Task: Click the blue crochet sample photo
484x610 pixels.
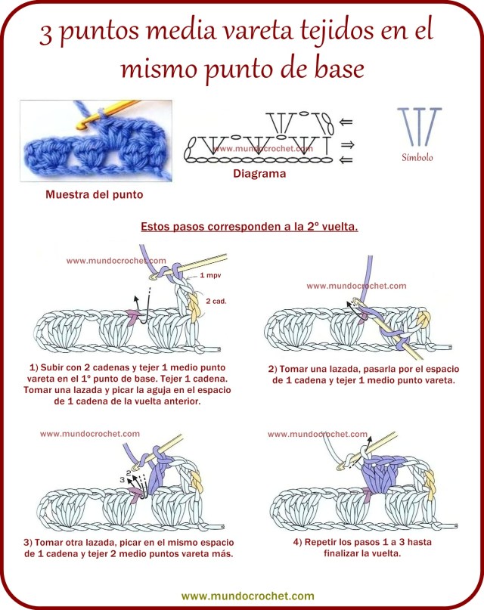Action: [x=95, y=140]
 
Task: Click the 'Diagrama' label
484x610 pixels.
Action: [x=259, y=173]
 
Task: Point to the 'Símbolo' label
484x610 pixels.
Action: [x=417, y=158]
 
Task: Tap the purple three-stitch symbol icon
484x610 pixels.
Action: [x=419, y=125]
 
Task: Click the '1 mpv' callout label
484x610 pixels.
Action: [x=210, y=277]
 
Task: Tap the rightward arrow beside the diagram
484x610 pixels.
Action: [x=348, y=143]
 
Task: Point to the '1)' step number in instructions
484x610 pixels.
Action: [x=30, y=367]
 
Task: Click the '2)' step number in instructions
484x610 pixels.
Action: [x=273, y=368]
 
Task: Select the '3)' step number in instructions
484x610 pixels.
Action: [x=28, y=542]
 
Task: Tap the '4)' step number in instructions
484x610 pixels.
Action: [x=296, y=542]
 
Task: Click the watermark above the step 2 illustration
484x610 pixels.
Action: [x=356, y=286]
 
